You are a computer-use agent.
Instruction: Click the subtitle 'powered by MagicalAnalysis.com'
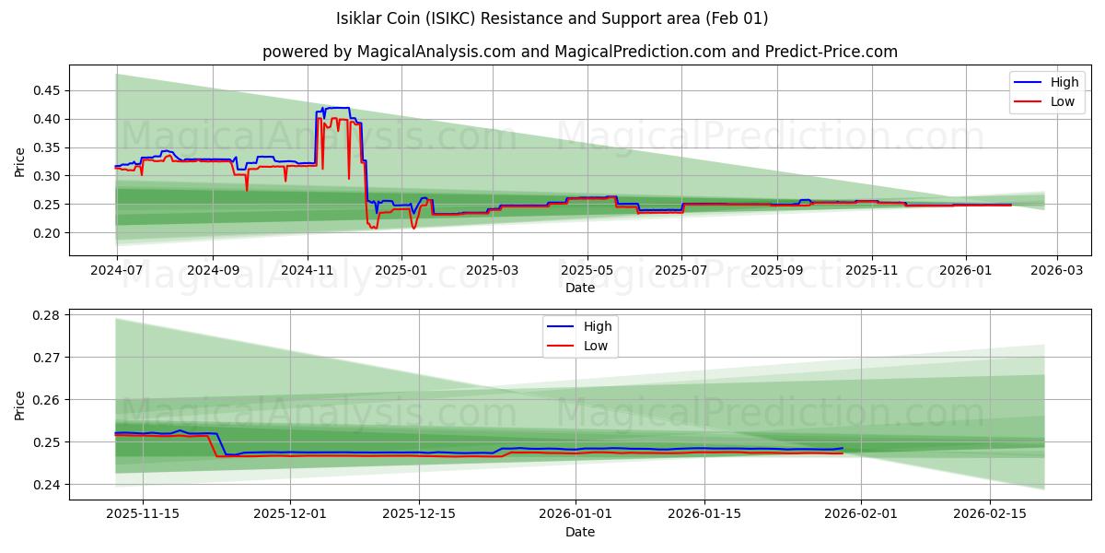tap(389, 52)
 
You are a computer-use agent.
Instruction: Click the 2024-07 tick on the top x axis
tap(116, 271)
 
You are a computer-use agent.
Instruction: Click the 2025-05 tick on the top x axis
tap(587, 271)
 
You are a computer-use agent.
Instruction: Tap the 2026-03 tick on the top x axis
tap(1056, 271)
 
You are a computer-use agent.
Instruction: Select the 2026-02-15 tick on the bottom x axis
tap(989, 514)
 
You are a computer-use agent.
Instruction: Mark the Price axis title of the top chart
tap(20, 161)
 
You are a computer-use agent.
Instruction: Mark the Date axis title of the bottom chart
tap(580, 532)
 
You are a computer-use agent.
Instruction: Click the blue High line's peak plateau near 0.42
tap(337, 108)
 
